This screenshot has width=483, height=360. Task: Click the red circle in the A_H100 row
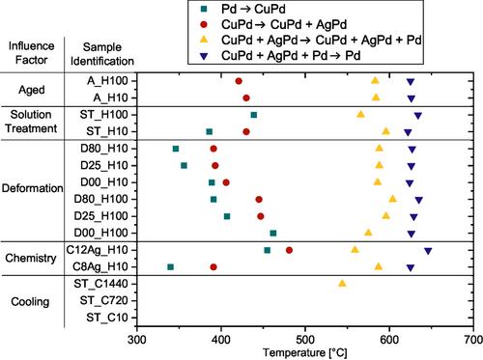coord(239,81)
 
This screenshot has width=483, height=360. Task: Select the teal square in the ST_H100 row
coord(254,115)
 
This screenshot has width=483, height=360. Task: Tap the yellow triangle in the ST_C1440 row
coord(342,283)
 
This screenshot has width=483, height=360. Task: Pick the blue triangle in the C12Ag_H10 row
coord(428,251)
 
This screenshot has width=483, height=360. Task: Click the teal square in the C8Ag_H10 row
coord(171,267)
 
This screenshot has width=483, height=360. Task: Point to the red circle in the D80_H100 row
coord(259,200)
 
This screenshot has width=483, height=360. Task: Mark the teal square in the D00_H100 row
coord(273,234)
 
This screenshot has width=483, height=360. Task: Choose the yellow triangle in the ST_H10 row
coord(385,131)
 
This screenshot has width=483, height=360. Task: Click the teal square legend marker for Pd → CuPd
coord(204,9)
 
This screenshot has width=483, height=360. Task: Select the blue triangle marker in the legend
coord(204,56)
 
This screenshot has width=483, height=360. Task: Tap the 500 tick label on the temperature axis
coord(305,340)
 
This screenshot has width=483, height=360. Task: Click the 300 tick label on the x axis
coord(137,340)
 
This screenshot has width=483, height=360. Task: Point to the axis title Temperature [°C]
coord(305,353)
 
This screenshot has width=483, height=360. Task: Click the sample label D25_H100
coord(100,216)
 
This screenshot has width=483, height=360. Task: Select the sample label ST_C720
coord(103,300)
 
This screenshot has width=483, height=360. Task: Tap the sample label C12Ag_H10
coord(97,250)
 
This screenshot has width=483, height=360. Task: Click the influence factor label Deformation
coord(32,188)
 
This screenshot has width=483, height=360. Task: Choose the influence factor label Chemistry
coord(31,258)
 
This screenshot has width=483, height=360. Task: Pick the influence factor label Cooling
coord(30,302)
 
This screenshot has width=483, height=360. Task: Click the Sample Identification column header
coord(102,54)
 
